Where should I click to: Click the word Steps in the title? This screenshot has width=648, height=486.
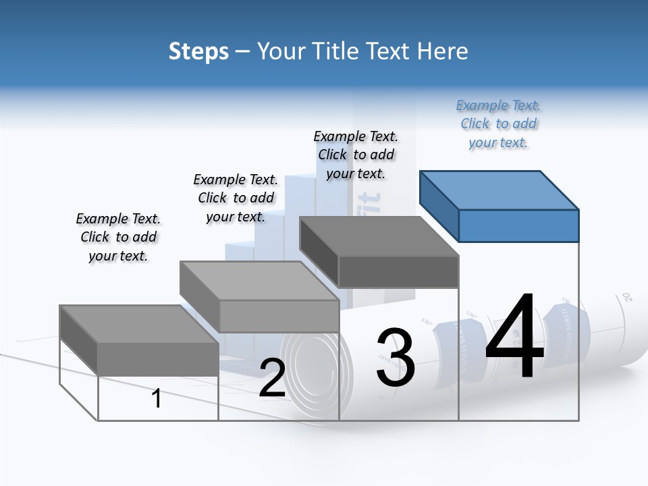pos(198,51)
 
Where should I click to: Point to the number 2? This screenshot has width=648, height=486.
pos(273,379)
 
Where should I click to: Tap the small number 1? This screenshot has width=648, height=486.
pos(157,399)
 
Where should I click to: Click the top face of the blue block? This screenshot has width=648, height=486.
pos(500,190)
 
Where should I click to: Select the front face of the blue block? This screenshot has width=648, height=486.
pos(518,225)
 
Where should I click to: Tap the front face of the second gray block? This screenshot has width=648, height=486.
pos(279,316)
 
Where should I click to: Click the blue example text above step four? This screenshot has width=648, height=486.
pos(498,124)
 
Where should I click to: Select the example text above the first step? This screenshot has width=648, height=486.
pos(118,237)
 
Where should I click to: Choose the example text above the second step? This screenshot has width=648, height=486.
pos(236,198)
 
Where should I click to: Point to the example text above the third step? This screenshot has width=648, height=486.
pos(356,155)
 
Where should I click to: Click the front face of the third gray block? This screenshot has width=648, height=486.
pos(398,271)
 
